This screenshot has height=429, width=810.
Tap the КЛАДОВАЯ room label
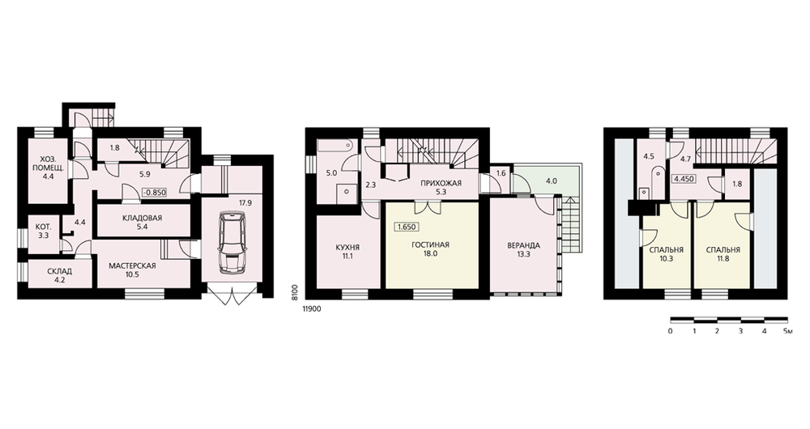tap(142, 218)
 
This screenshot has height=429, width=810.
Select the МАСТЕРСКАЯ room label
tap(132, 265)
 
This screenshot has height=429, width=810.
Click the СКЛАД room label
tap(59, 271)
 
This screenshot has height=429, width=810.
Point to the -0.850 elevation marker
tap(154, 193)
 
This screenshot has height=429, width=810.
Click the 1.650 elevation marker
tap(407, 227)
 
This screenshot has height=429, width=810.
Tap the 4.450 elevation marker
tap(684, 180)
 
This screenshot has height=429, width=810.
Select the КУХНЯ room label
tap(347, 248)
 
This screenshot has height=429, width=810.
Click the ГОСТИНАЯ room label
tap(430, 245)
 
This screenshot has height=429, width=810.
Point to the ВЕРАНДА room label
tap(524, 245)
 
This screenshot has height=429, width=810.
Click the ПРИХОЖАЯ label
tap(441, 183)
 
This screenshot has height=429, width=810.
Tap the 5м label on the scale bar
tap(787, 331)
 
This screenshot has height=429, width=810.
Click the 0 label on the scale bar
tap(670, 331)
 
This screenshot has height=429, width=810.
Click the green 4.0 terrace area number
tap(551, 181)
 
